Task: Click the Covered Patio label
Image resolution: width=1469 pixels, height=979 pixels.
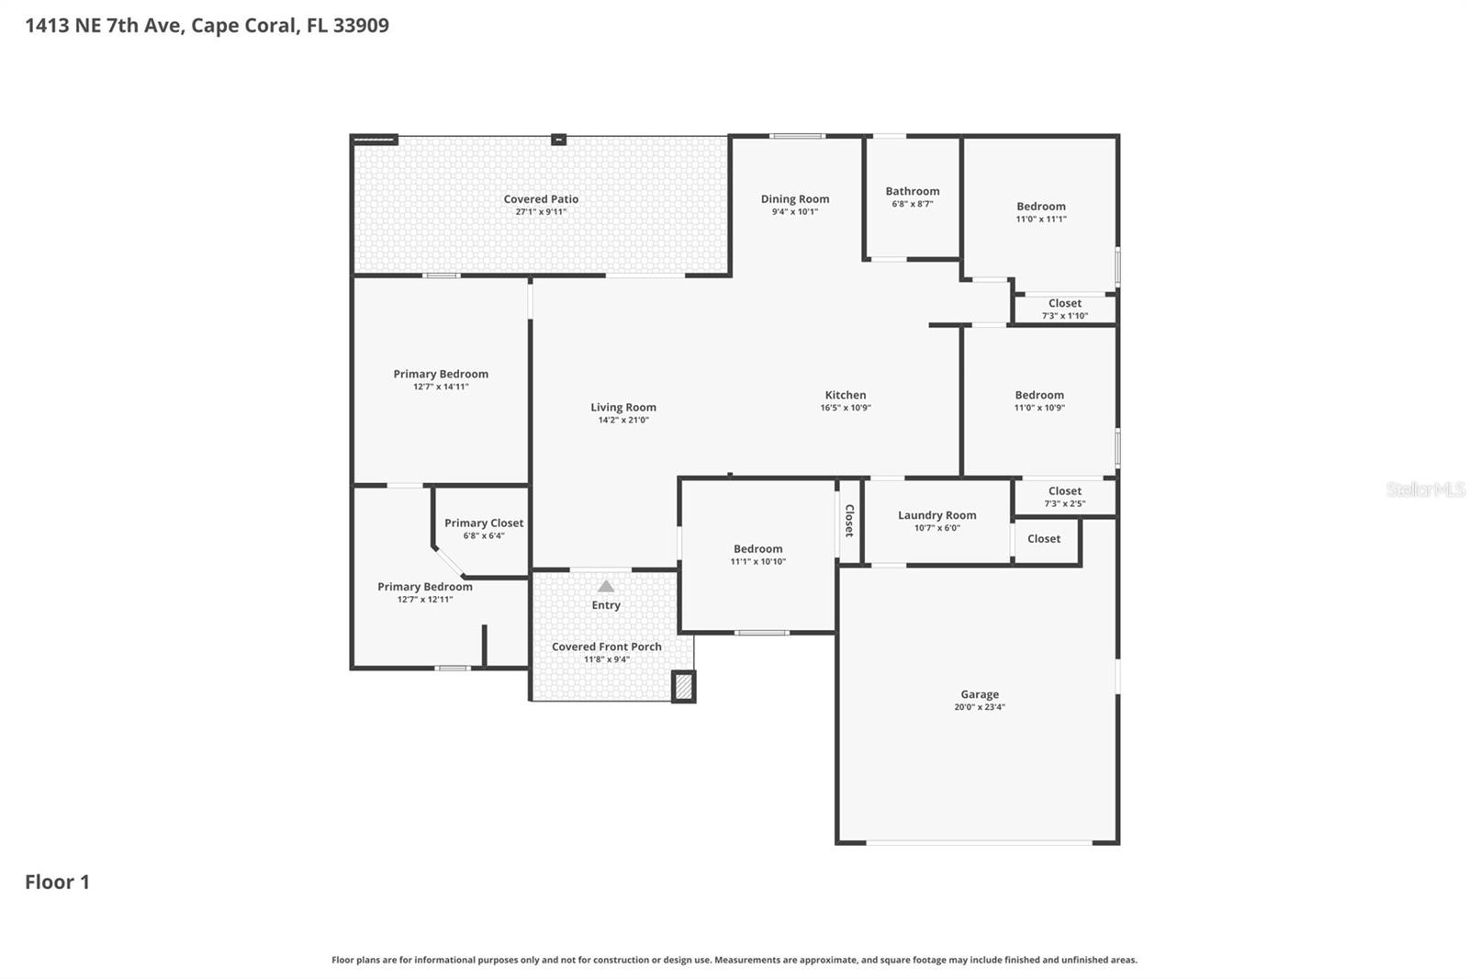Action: [x=541, y=199]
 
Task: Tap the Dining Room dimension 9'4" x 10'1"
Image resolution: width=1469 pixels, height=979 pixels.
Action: [x=794, y=212]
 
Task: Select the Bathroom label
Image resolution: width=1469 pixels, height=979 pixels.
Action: [x=912, y=191]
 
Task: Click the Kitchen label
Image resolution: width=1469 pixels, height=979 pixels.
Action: [x=845, y=395]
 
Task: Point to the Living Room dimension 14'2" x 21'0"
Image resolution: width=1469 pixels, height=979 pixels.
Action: [x=623, y=421]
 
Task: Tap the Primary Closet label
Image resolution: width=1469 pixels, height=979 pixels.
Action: [x=484, y=523]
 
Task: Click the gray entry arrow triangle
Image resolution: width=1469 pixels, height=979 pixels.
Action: [x=606, y=586]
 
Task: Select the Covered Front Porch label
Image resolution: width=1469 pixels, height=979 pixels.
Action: [x=606, y=647]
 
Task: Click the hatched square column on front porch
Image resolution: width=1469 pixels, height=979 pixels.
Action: [x=683, y=686]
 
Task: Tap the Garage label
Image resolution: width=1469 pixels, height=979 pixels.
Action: [x=980, y=694]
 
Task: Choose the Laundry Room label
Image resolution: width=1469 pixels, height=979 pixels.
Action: [x=936, y=515]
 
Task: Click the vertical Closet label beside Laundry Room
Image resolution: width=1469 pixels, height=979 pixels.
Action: [x=849, y=521]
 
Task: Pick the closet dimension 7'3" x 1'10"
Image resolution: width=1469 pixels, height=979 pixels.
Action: [x=1064, y=316]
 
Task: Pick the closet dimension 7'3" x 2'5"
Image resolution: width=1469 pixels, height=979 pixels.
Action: [x=1064, y=504]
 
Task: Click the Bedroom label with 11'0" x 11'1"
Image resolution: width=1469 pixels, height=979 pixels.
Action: [x=1040, y=207]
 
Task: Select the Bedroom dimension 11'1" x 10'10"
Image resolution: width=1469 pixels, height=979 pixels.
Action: [x=757, y=562]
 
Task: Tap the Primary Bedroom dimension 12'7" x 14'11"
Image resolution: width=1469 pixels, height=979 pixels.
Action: [x=441, y=388]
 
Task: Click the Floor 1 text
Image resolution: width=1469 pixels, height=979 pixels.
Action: [x=57, y=882]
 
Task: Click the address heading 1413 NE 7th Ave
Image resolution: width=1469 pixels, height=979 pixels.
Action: [x=207, y=25]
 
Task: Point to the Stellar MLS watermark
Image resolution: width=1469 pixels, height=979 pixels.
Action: [x=1425, y=489]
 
